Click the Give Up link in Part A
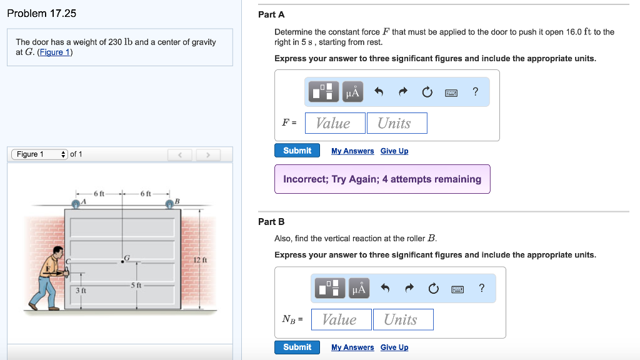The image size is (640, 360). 394,151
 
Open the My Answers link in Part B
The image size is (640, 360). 352,347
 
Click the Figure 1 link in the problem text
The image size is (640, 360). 55,52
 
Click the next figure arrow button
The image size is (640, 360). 209,154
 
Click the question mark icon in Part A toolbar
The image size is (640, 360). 476,92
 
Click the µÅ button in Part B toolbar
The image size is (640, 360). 359,288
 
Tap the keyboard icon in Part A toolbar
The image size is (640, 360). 451,92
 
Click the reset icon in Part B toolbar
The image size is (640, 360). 432,289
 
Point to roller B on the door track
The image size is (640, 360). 169,203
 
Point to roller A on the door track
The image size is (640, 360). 76,203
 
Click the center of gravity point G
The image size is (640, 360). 122,262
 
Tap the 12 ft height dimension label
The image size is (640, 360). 200,259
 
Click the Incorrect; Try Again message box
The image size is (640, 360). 382,179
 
